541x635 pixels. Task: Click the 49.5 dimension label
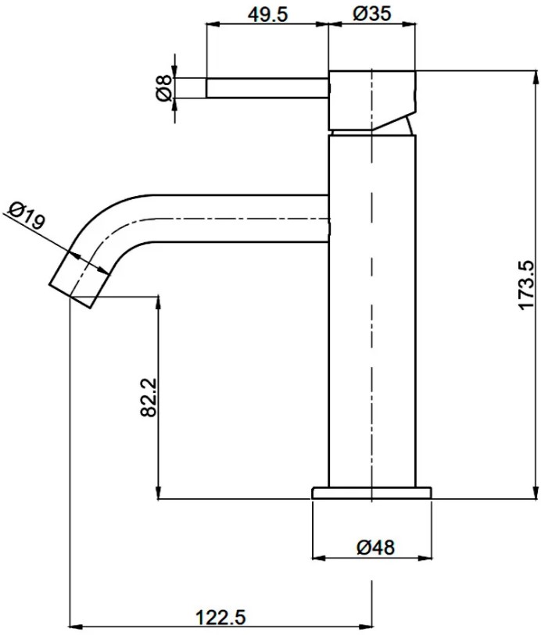[x=267, y=15]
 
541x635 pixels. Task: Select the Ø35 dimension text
[x=372, y=14]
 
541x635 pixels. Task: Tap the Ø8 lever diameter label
[x=164, y=88]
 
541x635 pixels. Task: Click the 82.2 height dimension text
[x=149, y=398]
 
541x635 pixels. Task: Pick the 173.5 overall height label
[x=527, y=286]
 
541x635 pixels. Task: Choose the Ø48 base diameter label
[x=375, y=548]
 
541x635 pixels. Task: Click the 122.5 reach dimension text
[x=221, y=618]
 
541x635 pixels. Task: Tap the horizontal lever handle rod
[x=267, y=88]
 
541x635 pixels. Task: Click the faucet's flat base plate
[x=371, y=493]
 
